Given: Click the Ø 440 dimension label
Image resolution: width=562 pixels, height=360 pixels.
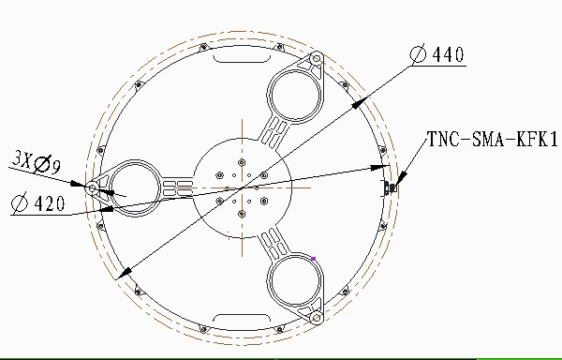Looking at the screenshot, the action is (436, 54).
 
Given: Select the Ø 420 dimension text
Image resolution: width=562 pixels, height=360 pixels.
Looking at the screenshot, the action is (38, 202).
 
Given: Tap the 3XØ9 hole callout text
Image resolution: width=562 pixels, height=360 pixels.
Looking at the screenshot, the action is (37, 162).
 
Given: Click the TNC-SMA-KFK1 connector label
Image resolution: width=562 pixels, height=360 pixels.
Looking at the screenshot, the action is (493, 139).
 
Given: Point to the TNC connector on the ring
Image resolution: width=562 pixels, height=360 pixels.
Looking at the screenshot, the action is (390, 187).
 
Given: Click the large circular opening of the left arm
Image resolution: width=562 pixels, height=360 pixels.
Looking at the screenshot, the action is (135, 187).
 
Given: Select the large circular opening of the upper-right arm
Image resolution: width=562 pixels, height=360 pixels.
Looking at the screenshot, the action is (295, 95).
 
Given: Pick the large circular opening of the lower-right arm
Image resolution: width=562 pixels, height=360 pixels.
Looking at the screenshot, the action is (295, 280).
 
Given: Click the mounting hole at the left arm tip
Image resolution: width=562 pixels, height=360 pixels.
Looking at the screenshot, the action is (92, 187).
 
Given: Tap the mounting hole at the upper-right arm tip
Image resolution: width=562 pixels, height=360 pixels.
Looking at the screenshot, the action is (317, 58).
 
